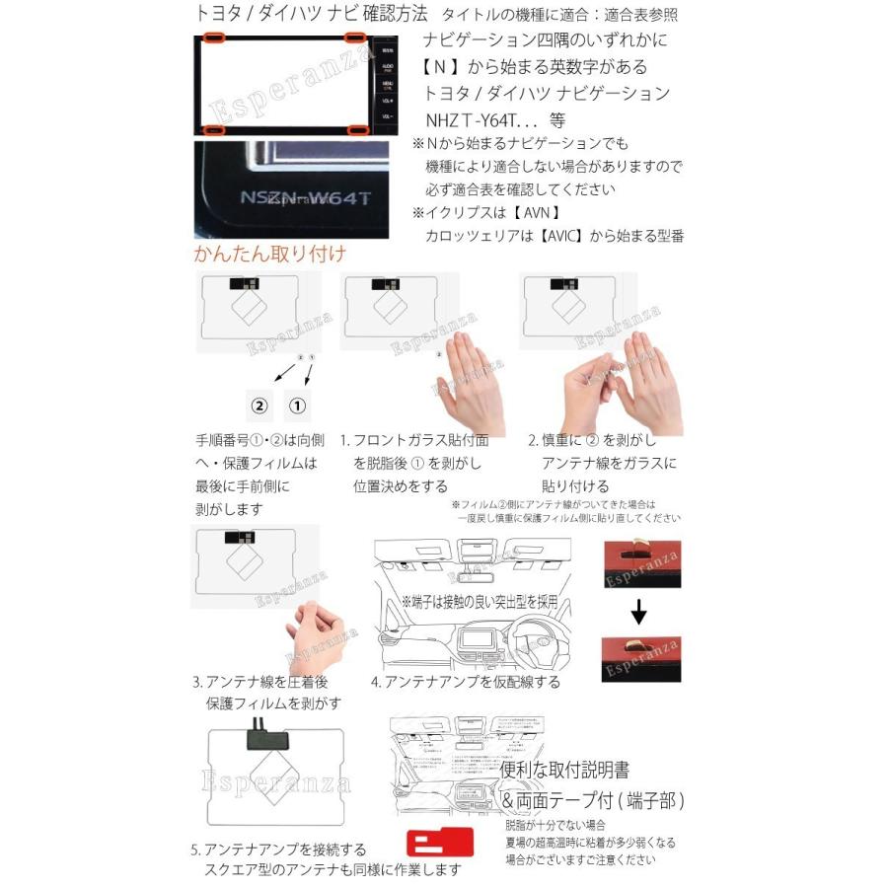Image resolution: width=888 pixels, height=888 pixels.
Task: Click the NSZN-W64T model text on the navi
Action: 305,197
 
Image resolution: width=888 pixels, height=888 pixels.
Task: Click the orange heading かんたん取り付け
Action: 269,254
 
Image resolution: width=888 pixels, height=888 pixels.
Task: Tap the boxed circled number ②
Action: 259,405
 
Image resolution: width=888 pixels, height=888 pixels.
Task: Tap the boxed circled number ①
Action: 298,405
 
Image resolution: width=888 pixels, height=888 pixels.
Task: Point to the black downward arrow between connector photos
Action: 638,614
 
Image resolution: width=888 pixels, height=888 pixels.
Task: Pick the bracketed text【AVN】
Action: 535,212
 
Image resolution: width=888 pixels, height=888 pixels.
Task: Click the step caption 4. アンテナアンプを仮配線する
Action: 465,682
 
